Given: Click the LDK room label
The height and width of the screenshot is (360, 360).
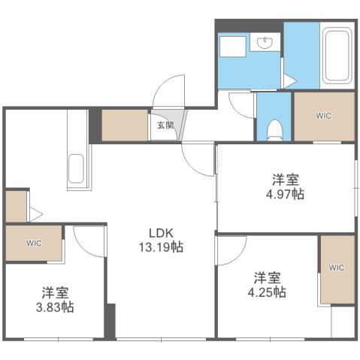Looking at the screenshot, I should pos(160,232).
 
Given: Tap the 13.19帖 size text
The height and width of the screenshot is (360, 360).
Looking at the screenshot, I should pos(160,246).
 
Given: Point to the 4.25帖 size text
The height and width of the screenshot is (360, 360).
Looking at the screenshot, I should pos(268,292).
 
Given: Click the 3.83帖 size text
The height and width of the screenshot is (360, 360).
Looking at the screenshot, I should pos(57,307).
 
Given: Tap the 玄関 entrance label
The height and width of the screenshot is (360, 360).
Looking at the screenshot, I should pos(165,126).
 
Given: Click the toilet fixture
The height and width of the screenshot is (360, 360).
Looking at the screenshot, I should pos(274,128).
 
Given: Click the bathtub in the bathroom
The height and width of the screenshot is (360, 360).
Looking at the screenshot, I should pos(337,56).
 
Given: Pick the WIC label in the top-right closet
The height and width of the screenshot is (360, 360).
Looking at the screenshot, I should pos(323,116).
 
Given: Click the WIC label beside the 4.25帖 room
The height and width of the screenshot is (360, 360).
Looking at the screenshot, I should pos(336,268).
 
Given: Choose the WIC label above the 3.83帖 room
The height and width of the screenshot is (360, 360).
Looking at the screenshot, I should pos(34,244).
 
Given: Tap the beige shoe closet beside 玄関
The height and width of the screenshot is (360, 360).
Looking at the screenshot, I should pos(125,126).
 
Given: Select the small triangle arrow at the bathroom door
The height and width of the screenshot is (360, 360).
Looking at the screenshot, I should pos(289,80).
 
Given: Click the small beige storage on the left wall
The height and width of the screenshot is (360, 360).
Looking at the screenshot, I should pos(15,207).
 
